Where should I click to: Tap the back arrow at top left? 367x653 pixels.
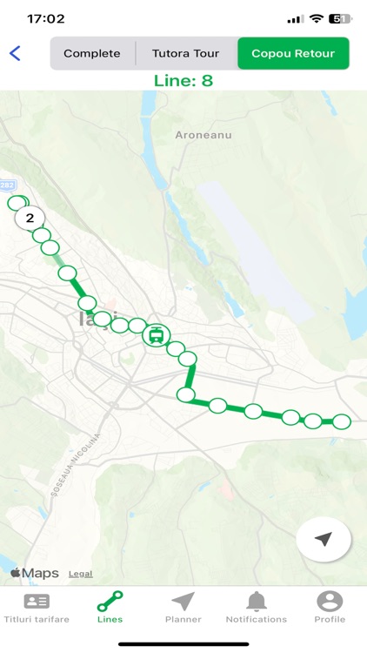pos(15,53)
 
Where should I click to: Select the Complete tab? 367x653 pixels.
pos(92,53)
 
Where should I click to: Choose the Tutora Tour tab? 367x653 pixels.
pos(186,53)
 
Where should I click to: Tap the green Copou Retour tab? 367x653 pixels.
pos(293,53)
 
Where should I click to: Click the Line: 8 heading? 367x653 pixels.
pos(183,81)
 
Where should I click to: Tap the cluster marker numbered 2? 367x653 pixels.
pos(30,218)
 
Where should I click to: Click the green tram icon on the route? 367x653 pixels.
pos(157,333)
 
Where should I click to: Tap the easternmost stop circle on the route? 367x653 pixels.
pos(342,421)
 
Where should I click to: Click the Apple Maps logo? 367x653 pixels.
pos(35,573)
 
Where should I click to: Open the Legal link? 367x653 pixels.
pos(81,574)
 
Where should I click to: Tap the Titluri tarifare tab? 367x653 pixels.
pos(37,607)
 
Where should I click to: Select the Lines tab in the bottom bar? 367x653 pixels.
pos(110,607)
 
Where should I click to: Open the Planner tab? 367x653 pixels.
pos(183,607)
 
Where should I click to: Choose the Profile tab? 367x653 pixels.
pos(330,607)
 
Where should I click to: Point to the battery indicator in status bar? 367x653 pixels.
pos(340,18)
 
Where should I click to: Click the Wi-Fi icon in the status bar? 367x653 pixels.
pos(317,18)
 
